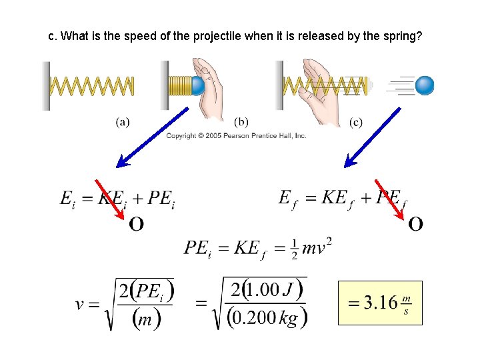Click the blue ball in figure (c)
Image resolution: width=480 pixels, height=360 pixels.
pyautogui.click(x=424, y=85)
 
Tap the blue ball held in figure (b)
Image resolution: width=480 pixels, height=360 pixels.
pyautogui.click(x=197, y=85)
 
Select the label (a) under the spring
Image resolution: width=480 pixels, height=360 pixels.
pyautogui.click(x=123, y=122)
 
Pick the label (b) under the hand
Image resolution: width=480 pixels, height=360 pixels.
pyautogui.click(x=241, y=122)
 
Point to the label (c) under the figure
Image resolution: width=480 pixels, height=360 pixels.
pyautogui.click(x=356, y=122)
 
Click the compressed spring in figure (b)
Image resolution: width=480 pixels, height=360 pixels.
pyautogui.click(x=179, y=86)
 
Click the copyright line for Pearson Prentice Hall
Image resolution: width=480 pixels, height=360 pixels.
pyautogui.click(x=236, y=136)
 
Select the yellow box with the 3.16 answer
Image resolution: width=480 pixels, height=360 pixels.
pyautogui.click(x=380, y=303)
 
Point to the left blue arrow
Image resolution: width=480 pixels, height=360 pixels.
pyautogui.click(x=153, y=137)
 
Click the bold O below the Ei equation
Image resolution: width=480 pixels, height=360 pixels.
pyautogui.click(x=136, y=224)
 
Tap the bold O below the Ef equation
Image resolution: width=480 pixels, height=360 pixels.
pyautogui.click(x=415, y=224)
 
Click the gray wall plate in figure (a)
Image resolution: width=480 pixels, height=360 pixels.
pyautogui.click(x=46, y=85)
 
